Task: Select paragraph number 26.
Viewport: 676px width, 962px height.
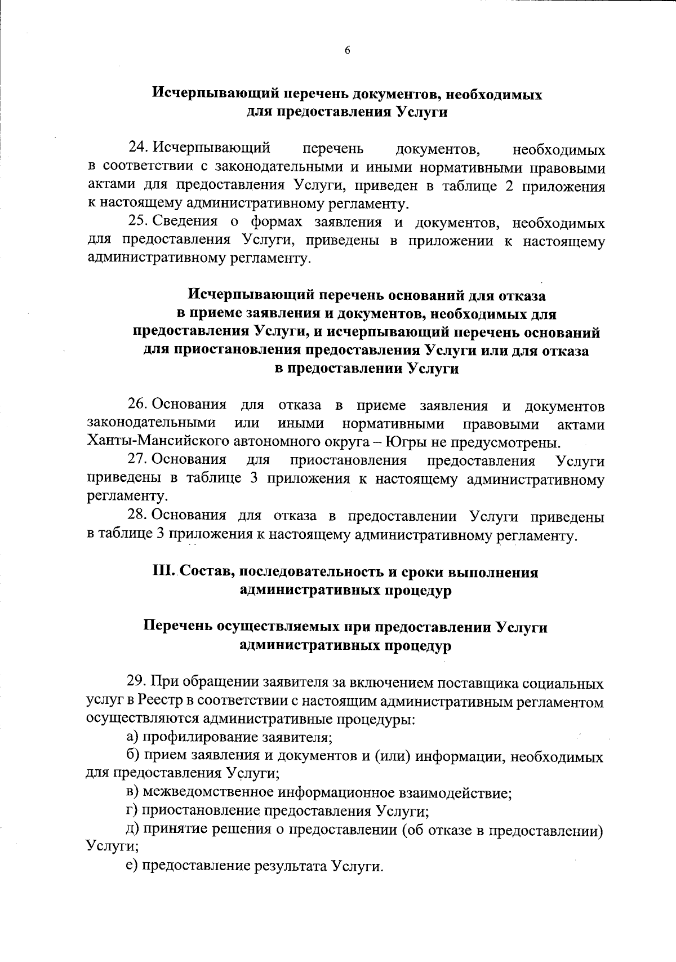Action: click(138, 405)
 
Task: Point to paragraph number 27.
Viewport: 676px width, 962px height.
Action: click(138, 460)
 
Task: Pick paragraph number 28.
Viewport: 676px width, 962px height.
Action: click(138, 515)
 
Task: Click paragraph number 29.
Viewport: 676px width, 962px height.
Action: click(137, 682)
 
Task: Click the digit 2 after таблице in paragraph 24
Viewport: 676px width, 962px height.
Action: click(509, 186)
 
